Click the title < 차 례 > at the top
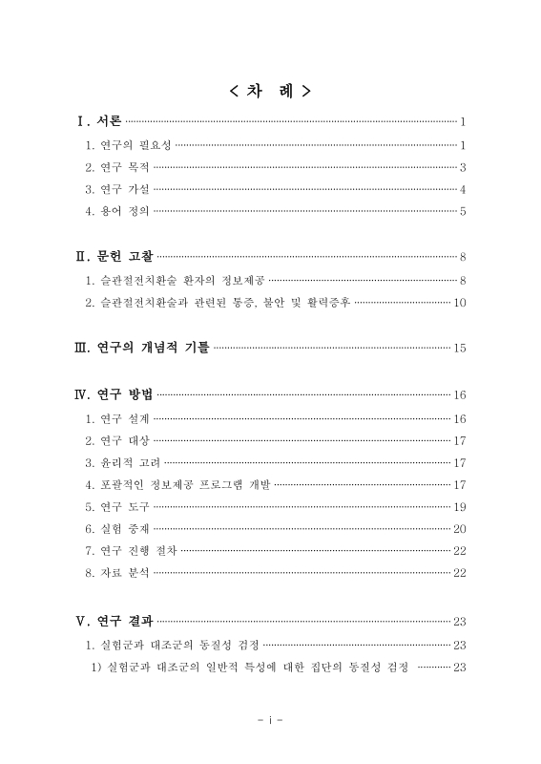coord(270,92)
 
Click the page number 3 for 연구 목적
coord(462,167)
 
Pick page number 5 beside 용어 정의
coord(462,210)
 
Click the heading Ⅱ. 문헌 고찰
coord(114,256)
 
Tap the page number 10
coord(459,303)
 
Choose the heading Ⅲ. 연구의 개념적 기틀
coord(143,347)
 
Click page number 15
coord(459,347)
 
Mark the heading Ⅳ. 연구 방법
coord(114,394)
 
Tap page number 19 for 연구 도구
coord(459,506)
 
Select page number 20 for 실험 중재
coord(459,528)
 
